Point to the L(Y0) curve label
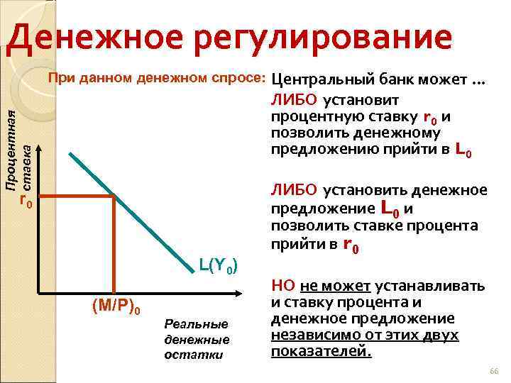coord(222,266)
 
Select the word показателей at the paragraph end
coord(321,350)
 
